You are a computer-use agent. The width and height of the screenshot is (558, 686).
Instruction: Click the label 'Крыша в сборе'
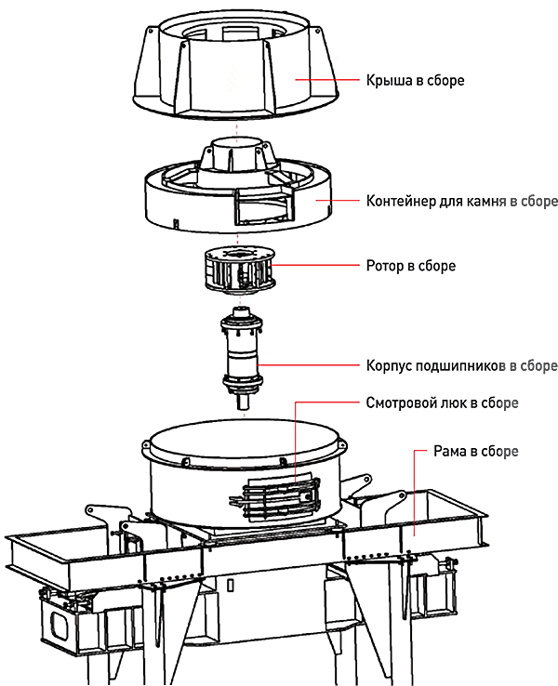[415, 81]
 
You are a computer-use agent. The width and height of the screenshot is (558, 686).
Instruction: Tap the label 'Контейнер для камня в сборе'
[461, 201]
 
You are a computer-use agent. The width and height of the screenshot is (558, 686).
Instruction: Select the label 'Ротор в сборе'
[410, 266]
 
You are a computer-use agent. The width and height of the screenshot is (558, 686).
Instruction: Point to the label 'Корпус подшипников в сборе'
[461, 365]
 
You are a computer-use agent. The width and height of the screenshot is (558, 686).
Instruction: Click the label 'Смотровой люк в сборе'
[442, 402]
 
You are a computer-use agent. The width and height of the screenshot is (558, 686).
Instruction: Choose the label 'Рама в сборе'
[476, 451]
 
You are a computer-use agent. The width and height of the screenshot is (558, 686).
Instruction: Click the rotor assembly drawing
[240, 270]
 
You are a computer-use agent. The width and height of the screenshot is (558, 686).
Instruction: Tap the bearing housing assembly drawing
[242, 359]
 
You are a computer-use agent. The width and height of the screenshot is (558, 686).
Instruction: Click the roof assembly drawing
[235, 66]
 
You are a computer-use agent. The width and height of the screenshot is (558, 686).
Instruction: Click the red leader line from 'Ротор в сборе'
[314, 265]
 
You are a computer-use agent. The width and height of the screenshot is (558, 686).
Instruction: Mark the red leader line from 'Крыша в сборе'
[327, 80]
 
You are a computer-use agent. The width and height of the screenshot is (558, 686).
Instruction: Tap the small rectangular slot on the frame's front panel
[231, 586]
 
